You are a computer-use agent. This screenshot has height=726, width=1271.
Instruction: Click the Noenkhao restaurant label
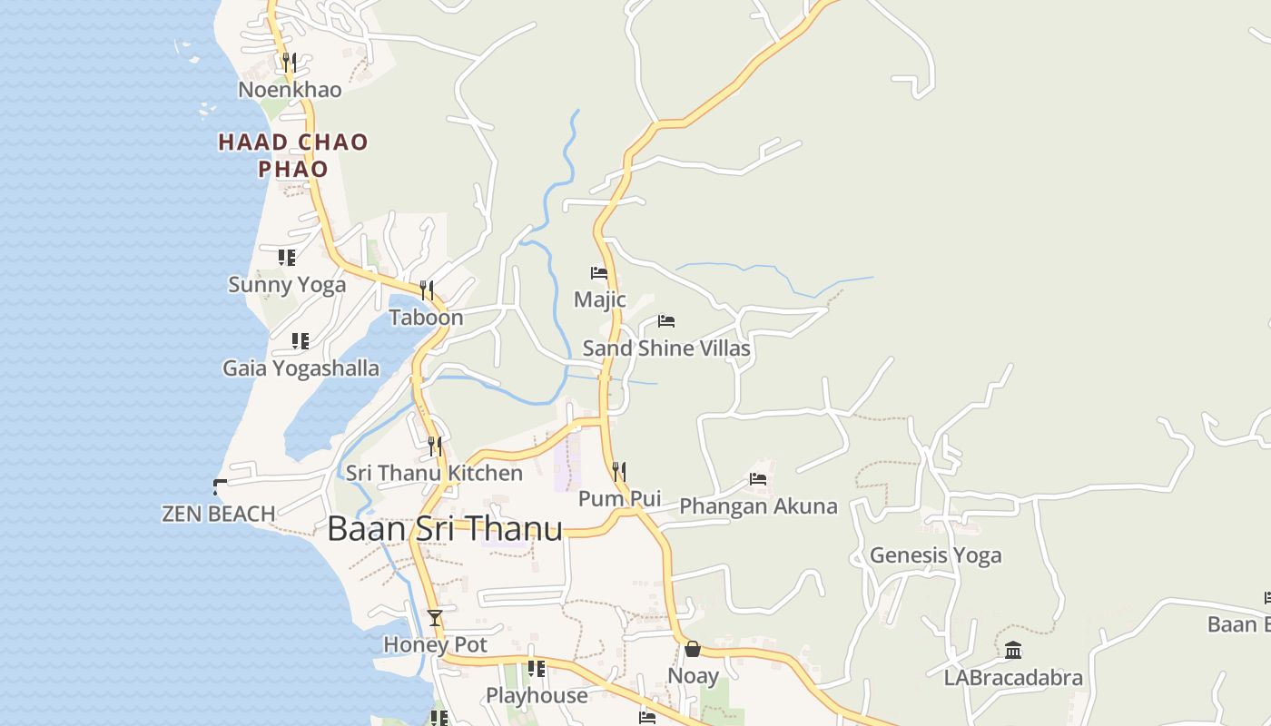pos(290,90)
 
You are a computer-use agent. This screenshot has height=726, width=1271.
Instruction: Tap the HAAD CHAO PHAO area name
pos(292,155)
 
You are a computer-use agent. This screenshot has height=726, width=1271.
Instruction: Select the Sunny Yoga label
pos(287,285)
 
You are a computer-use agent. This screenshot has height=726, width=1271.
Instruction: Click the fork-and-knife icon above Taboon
pos(426,290)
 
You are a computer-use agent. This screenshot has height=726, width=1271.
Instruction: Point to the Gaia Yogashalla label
pos(301,368)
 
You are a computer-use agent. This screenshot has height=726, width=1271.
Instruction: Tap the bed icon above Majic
pos(598,272)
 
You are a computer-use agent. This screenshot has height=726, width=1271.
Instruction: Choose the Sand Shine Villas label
pos(666,348)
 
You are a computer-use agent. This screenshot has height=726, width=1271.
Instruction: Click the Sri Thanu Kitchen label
pos(434,473)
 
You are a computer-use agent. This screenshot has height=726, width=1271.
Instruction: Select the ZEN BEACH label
pos(218,514)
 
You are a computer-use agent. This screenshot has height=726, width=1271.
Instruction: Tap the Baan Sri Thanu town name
pos(445,529)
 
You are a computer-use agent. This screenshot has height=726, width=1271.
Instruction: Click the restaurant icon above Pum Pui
pos(618,471)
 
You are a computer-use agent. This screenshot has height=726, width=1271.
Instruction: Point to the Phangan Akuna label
pos(758,506)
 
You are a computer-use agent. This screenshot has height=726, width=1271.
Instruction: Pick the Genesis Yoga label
pos(935,555)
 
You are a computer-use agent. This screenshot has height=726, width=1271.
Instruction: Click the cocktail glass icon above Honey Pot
pos(435,618)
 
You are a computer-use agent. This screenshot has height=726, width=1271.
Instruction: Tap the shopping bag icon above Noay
pos(693,649)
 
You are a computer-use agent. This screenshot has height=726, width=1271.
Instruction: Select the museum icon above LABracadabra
pos(1013,650)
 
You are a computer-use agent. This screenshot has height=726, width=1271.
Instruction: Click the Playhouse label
pos(537,696)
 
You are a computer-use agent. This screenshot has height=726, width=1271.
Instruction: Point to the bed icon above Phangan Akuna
pos(758,479)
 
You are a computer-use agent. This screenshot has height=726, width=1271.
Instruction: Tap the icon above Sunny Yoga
pos(287,258)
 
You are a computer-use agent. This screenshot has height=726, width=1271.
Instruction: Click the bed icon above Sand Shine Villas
pos(666,321)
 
